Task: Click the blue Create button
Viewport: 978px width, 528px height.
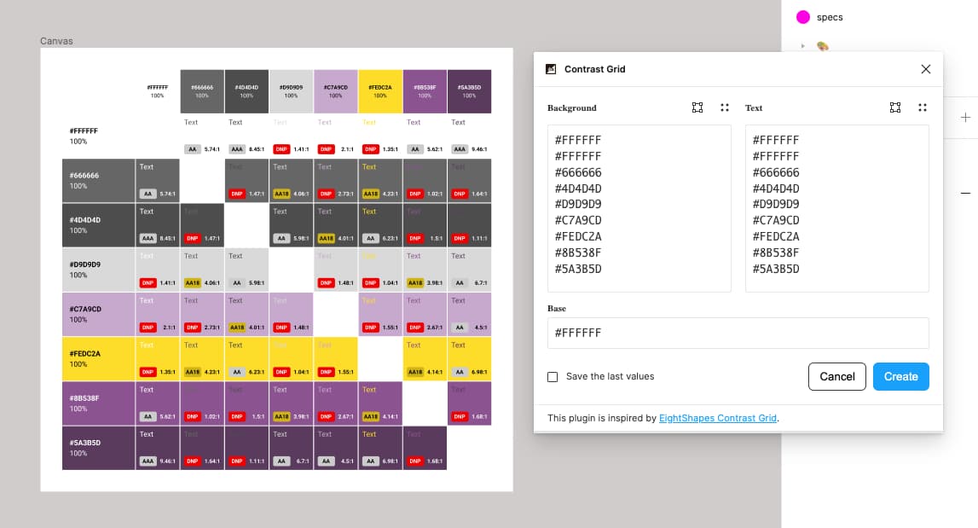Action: [900, 376]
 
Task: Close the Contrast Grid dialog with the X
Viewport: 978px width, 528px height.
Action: [926, 69]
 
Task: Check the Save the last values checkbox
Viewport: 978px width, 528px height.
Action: [553, 377]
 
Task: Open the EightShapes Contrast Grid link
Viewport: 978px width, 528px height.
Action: [718, 419]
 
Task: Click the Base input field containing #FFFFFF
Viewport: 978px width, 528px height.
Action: [738, 333]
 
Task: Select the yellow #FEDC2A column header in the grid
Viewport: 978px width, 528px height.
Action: [380, 91]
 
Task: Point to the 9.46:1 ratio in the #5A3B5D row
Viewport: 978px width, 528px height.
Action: [167, 461]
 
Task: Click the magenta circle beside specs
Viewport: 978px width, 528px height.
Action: [802, 17]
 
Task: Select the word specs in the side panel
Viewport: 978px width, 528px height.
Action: [830, 17]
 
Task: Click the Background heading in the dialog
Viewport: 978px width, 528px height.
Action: [572, 108]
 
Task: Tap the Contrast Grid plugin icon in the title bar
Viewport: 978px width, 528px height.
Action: [551, 69]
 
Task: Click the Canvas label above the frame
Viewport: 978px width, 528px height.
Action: [57, 41]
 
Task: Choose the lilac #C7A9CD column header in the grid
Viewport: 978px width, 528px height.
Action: [336, 91]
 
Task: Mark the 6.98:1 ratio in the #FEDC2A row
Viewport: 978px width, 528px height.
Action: [477, 372]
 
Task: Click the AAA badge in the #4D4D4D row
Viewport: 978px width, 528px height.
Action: [148, 238]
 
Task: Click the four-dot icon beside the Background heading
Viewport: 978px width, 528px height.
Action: [724, 108]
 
